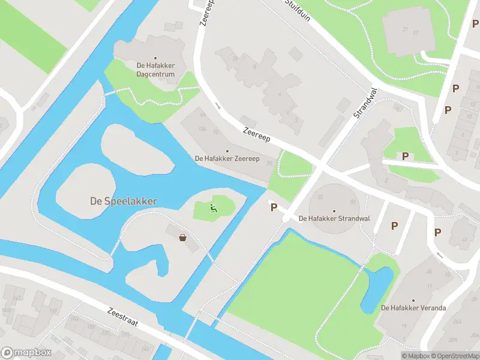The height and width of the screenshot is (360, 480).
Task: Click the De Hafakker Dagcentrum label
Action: (155, 70)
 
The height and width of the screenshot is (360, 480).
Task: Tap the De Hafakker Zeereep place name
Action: (227, 158)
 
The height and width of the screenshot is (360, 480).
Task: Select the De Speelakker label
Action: (124, 201)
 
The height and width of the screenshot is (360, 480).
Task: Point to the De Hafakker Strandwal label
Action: (334, 218)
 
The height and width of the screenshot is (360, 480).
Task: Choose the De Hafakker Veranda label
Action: (413, 308)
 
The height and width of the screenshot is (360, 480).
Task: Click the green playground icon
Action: (213, 208)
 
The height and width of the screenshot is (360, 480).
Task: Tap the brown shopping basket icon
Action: (182, 238)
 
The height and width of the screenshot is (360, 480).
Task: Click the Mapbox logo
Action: (26, 353)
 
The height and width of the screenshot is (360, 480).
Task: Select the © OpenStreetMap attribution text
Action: (454, 356)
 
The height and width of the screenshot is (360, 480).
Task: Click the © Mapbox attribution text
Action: (415, 356)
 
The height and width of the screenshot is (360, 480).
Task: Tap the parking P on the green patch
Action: (405, 156)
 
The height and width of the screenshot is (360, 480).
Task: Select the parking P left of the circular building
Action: (274, 207)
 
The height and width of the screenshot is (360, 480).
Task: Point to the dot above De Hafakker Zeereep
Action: (227, 151)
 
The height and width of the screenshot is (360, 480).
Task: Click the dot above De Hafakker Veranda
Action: (413, 300)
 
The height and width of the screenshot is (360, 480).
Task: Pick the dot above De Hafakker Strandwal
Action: (334, 211)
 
